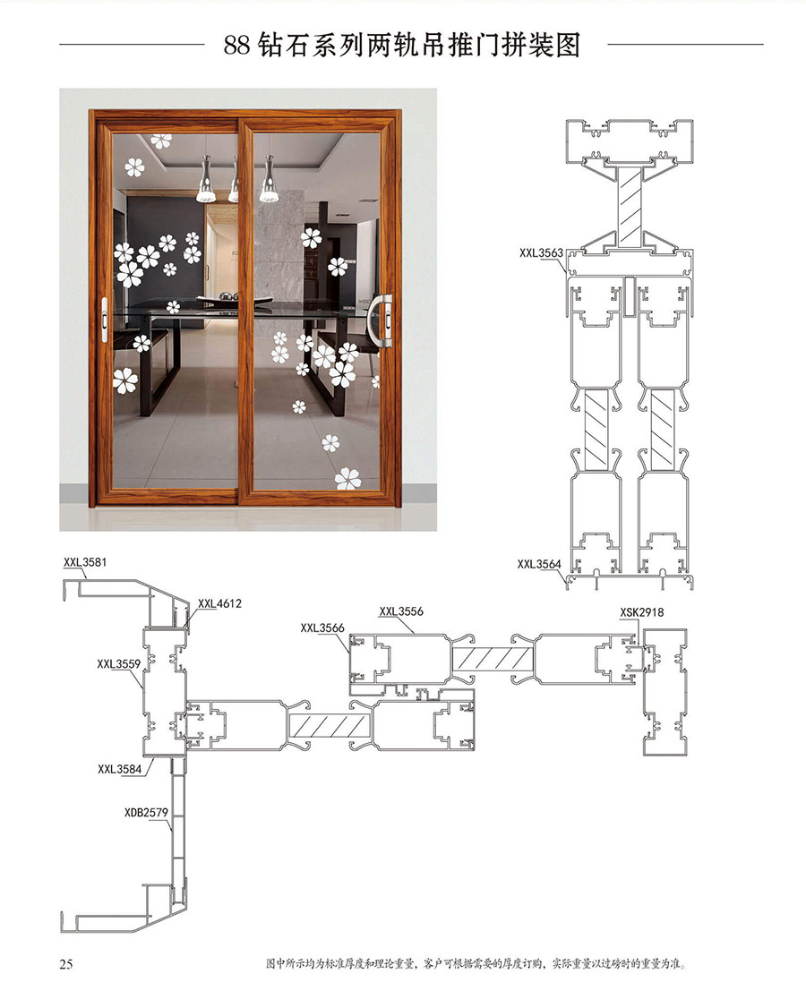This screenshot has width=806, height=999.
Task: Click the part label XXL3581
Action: [x=85, y=562]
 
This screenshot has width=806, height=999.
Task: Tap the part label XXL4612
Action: [x=219, y=603]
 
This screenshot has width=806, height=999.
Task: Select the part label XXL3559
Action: [x=118, y=663]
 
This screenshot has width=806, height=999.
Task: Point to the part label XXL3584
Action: [x=119, y=769]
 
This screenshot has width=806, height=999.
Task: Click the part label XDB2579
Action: [x=146, y=812]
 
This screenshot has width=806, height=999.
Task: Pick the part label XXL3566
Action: [x=322, y=628]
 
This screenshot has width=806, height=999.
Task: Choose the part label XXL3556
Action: [x=401, y=611]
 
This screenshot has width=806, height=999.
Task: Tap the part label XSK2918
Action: [x=641, y=612]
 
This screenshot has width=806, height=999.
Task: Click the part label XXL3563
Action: [x=542, y=253]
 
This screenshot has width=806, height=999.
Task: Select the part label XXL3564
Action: [x=539, y=564]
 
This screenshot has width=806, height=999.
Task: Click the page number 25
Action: [x=66, y=964]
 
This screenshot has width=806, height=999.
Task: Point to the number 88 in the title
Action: [x=236, y=46]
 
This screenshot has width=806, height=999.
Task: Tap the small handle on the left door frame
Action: [x=105, y=320]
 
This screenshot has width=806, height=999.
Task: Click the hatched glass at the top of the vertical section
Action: [x=630, y=207]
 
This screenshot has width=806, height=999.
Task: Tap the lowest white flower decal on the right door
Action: [x=347, y=479]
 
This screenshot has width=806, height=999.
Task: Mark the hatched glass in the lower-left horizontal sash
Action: [x=330, y=725]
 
